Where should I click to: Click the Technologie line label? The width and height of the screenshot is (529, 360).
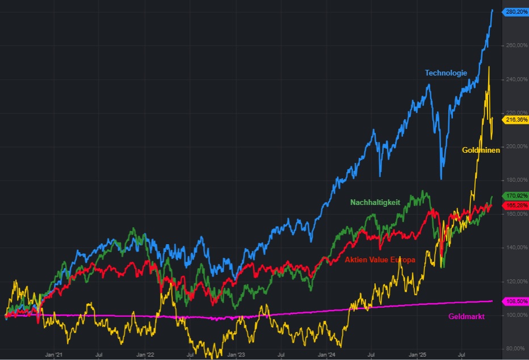pos(446,73)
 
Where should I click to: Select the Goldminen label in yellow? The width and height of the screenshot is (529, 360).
pos(481,150)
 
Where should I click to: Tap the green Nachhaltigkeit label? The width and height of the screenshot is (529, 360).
pos(375,202)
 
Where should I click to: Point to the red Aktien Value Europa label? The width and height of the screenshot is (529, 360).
pos(380,259)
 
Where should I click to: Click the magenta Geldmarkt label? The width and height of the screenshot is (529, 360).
pos(466,316)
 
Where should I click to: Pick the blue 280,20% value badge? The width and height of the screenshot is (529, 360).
pos(516,11)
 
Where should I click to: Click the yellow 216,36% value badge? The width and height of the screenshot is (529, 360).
pos(516,120)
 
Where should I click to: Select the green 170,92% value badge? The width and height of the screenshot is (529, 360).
pos(516,196)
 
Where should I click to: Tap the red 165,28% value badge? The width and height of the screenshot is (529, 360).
pos(516,205)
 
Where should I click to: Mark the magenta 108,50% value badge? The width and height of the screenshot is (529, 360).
pos(516,301)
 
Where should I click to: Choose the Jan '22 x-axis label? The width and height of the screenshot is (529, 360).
pos(146,355)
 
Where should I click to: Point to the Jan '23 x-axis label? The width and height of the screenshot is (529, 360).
pos(236,355)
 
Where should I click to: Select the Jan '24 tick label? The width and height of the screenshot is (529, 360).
pos(326,355)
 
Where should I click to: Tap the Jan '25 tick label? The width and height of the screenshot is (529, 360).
pos(417,355)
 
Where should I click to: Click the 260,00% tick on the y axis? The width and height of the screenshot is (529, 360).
pos(515,45)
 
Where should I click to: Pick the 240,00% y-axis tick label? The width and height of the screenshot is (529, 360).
pos(515,79)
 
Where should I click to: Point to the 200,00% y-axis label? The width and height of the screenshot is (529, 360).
pos(515,146)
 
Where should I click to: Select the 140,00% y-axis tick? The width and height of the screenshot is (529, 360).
pos(515,248)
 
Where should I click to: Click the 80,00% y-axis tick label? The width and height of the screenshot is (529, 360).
pos(515,349)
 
